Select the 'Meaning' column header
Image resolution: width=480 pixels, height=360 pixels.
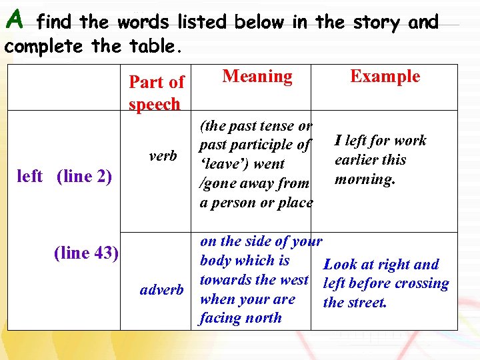257,77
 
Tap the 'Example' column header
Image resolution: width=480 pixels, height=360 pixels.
385,76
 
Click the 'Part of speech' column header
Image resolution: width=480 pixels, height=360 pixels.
156,93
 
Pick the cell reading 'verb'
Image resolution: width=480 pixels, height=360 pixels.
163,156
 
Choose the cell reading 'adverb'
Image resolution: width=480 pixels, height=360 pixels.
161,289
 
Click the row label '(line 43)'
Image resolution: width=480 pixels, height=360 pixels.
86,253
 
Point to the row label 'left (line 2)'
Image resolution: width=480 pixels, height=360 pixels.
64,177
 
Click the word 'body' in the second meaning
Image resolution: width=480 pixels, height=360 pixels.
219,261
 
